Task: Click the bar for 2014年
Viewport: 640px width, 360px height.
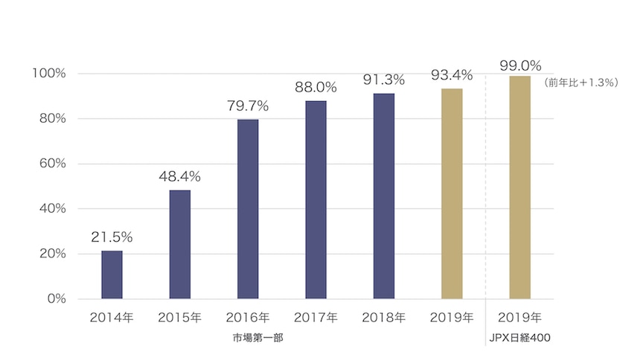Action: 112,274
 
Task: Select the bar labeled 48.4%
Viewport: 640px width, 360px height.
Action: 179,244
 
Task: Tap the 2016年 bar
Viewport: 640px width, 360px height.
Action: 248,209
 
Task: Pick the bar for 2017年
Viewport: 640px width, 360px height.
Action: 316,199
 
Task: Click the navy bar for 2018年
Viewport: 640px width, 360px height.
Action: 384,196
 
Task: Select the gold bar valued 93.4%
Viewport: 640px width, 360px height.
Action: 452,193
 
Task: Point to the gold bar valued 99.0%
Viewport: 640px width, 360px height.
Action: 519,187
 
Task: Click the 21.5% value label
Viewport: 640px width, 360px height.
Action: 112,237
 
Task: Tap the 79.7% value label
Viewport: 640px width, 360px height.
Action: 248,106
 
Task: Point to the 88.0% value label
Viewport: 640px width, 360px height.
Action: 316,87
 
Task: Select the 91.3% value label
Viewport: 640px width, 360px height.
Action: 384,80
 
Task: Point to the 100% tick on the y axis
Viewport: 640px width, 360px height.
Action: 49,74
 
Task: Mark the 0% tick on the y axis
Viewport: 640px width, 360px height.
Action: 57,299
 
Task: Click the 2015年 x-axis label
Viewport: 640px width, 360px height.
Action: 179,318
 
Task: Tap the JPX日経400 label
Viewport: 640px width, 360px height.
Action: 519,339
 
